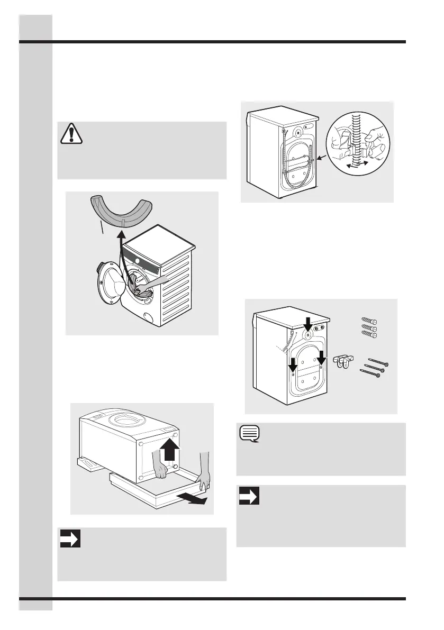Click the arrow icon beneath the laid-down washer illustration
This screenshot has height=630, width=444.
point(70,539)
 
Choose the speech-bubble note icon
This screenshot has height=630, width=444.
point(249,434)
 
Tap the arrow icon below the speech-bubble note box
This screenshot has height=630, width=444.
point(249,497)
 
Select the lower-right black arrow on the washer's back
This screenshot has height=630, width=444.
point(321,357)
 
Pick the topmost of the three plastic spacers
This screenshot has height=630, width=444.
point(369,321)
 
